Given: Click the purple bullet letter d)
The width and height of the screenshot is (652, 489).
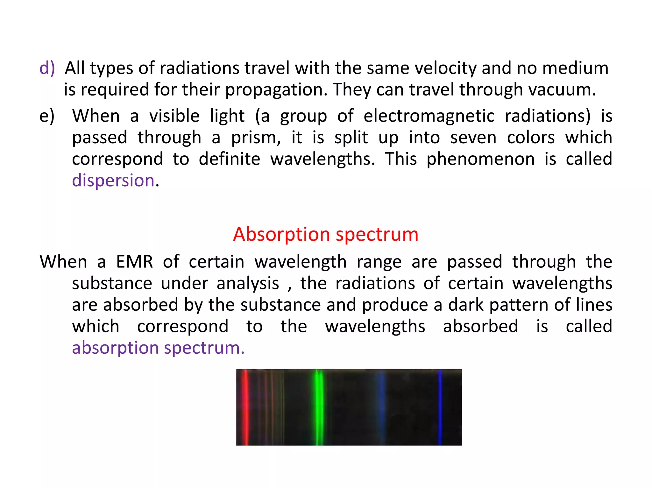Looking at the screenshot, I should pyautogui.click(x=47, y=68).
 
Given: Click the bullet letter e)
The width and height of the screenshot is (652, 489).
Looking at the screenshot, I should pyautogui.click(x=47, y=116).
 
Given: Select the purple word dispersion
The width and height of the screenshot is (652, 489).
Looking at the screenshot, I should pyautogui.click(x=113, y=181).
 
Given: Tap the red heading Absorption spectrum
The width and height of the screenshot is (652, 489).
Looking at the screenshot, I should pyautogui.click(x=325, y=234).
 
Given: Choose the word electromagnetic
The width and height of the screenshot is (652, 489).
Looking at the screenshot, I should pyautogui.click(x=429, y=116).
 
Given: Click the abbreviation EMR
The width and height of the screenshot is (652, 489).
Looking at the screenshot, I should pyautogui.click(x=134, y=262).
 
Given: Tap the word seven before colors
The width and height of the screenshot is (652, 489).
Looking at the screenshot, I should pyautogui.click(x=473, y=138).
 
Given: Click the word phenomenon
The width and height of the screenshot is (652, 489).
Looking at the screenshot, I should pyautogui.click(x=480, y=159).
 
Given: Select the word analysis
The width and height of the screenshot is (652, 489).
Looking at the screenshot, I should pyautogui.click(x=248, y=283).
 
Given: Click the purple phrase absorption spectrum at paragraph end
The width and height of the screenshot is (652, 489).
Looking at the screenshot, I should pyautogui.click(x=158, y=348).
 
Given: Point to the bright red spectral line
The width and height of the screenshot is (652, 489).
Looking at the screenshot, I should pyautogui.click(x=245, y=407).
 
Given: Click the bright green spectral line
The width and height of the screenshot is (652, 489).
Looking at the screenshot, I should pyautogui.click(x=318, y=407).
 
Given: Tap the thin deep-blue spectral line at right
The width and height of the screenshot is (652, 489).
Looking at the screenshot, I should pyautogui.click(x=440, y=407).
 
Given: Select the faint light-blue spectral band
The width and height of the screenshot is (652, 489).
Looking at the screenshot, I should pyautogui.click(x=380, y=407).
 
